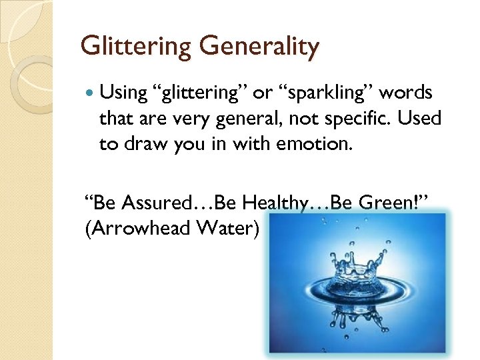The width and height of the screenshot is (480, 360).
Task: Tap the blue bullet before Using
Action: [x=90, y=93]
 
